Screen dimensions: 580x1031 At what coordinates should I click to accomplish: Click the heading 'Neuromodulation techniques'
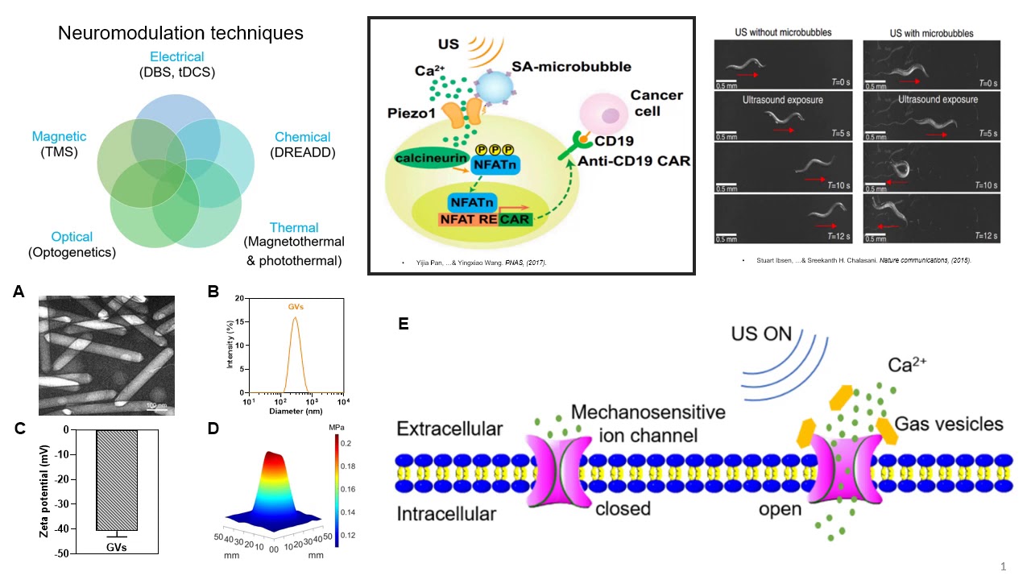pyautogui.click(x=180, y=33)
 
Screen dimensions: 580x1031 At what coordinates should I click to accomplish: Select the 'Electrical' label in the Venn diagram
pyautogui.click(x=176, y=57)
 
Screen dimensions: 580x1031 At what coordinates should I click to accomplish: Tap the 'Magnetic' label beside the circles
pyautogui.click(x=59, y=137)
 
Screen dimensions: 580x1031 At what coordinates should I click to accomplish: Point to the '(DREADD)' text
pyautogui.click(x=302, y=153)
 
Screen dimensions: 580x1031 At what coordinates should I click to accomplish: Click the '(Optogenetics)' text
pyautogui.click(x=72, y=253)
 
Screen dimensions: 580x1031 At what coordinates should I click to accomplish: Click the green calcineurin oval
pyautogui.click(x=433, y=157)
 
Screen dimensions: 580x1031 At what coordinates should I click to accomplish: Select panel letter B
pyautogui.click(x=213, y=292)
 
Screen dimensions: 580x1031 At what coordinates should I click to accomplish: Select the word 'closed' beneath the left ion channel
pyautogui.click(x=623, y=509)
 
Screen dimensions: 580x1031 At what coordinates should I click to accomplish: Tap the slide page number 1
pyautogui.click(x=1003, y=567)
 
